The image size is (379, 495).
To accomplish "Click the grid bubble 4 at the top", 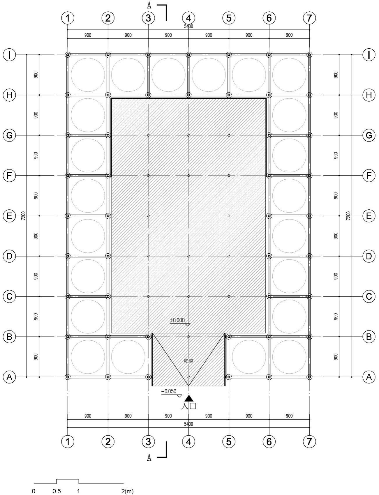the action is pyautogui.click(x=188, y=18).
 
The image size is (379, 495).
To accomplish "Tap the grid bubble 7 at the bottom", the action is pyautogui.click(x=309, y=442).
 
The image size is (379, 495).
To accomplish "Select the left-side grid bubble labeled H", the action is pyautogui.click(x=9, y=95).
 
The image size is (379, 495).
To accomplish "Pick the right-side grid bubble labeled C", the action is pyautogui.click(x=369, y=296).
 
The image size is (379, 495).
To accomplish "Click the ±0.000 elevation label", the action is pyautogui.click(x=177, y=320).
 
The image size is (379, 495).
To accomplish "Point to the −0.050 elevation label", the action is pyautogui.click(x=169, y=391).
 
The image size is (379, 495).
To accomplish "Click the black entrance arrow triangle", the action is pyautogui.click(x=189, y=398).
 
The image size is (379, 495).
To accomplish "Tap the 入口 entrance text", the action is pyautogui.click(x=188, y=406).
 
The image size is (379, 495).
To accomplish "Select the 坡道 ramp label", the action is pyautogui.click(x=188, y=361).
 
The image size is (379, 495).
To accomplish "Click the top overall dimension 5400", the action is pyautogui.click(x=188, y=26).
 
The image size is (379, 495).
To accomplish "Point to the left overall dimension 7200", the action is pyautogui.click(x=23, y=216).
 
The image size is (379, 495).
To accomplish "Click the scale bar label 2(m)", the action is pyautogui.click(x=127, y=492).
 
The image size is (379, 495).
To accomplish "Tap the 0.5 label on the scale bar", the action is pyautogui.click(x=57, y=492).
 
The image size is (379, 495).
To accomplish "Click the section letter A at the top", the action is pyautogui.click(x=149, y=5).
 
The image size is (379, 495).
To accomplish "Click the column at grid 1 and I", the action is pyautogui.click(x=68, y=55).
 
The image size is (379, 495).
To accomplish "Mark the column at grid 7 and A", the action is pyautogui.click(x=309, y=377).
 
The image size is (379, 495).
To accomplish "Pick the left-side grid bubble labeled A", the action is pyautogui.click(x=9, y=377).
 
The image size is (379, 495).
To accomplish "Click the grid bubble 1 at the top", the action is pyautogui.click(x=68, y=18).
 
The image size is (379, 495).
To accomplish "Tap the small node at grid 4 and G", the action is pyautogui.click(x=188, y=135).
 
